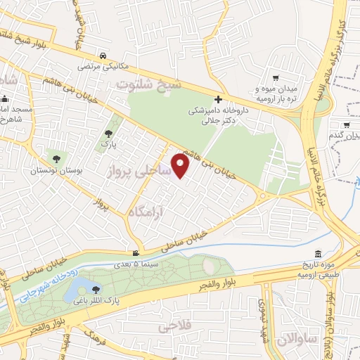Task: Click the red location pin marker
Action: click(x=181, y=166)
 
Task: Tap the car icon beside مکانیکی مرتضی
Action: click(x=103, y=56)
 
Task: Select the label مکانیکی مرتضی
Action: click(x=102, y=67)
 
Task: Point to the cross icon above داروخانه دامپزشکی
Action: click(x=219, y=99)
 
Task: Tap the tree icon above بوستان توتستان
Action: click(x=56, y=157)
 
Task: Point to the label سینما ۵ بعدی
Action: click(x=137, y=265)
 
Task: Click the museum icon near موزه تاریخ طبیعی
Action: click(x=318, y=253)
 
